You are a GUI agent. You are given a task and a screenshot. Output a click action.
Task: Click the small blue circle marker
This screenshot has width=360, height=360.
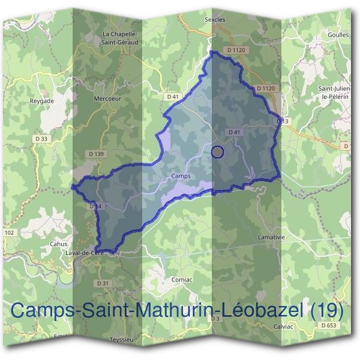[218, 152]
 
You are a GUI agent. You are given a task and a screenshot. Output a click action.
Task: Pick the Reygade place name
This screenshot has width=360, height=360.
[42, 101]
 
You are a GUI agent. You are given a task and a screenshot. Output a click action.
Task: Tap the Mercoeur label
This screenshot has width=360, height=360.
[108, 97]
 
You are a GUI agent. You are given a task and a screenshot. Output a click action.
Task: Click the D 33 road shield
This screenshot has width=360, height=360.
[41, 138]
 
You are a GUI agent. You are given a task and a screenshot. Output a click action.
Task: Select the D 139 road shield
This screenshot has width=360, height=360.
[97, 154]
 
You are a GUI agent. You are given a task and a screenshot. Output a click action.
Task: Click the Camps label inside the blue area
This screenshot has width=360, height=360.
[181, 176]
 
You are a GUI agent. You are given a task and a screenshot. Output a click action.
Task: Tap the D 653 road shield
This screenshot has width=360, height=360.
[328, 325]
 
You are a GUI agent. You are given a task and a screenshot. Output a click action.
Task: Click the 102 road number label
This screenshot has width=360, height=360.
[9, 232]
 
